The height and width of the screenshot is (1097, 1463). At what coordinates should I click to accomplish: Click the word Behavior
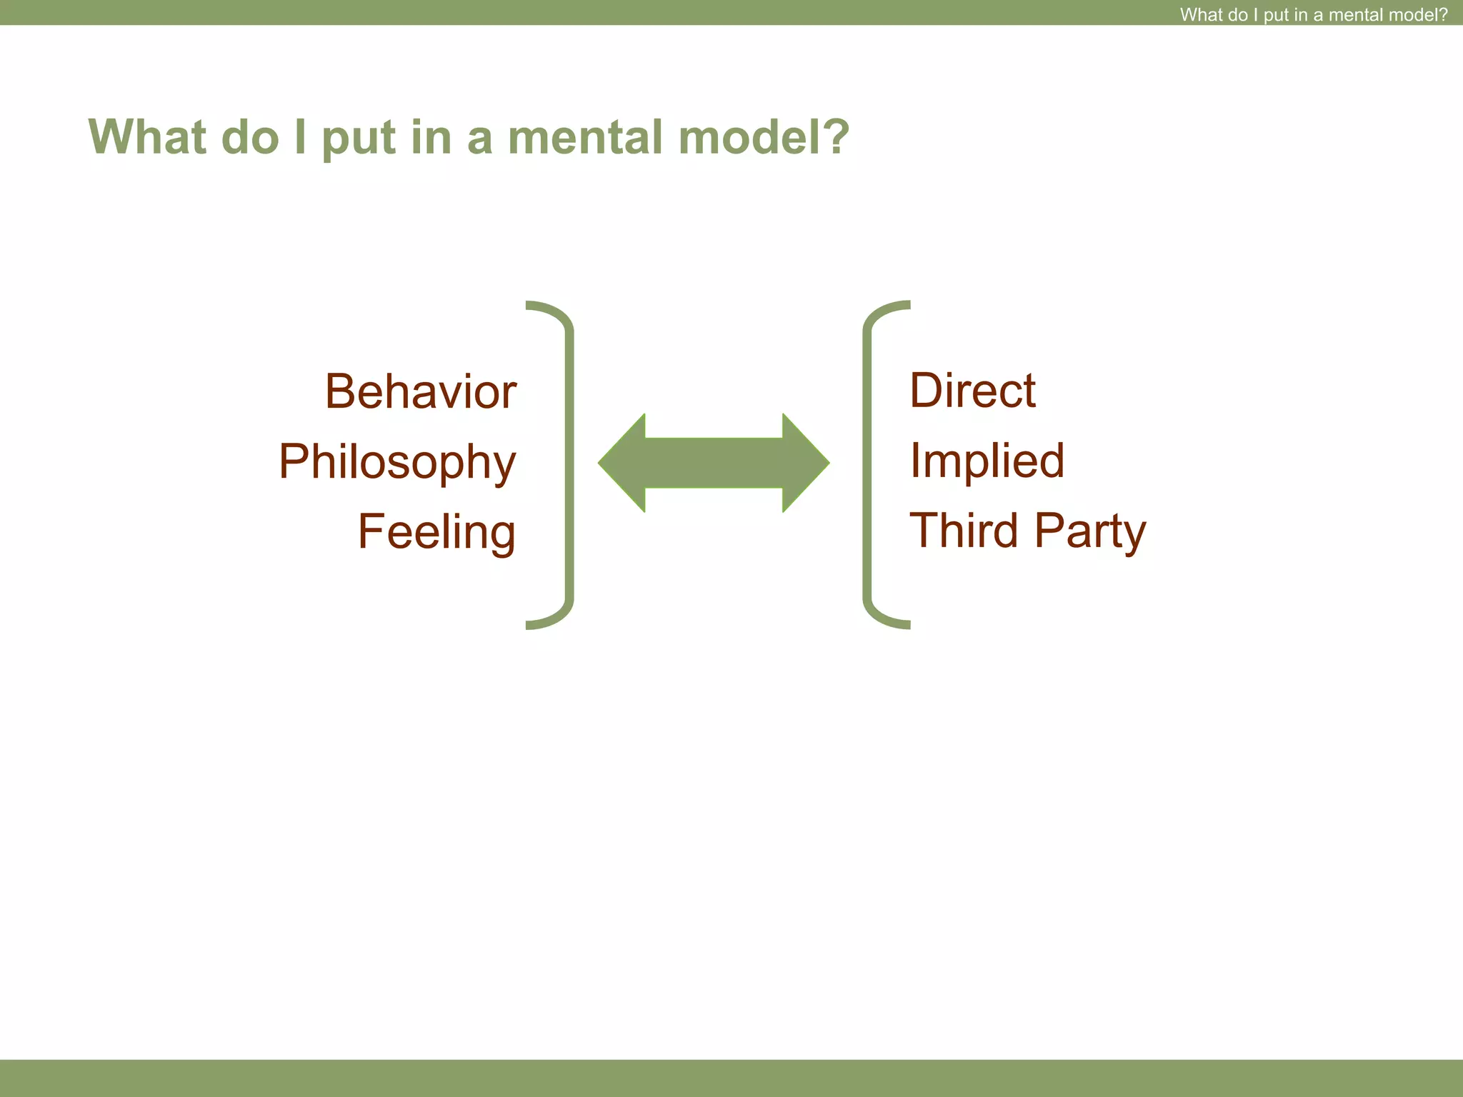coord(420,392)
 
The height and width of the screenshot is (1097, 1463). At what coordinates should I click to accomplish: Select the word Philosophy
coord(396,463)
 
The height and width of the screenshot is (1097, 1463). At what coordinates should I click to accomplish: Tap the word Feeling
coord(436,532)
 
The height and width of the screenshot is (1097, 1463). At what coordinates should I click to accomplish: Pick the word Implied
coord(987,461)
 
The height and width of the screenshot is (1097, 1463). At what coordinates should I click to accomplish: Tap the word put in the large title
coord(359,138)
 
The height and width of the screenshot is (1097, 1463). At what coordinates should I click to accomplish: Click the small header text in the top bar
coord(1313,14)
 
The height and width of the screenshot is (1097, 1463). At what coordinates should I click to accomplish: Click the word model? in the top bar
coord(1417,14)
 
